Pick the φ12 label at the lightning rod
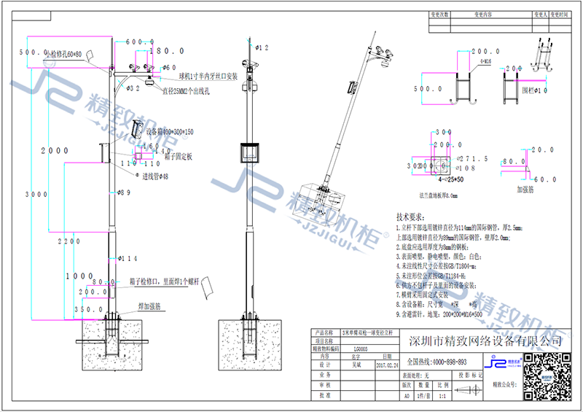[x=262, y=47]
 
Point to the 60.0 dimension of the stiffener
[x=547, y=179]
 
